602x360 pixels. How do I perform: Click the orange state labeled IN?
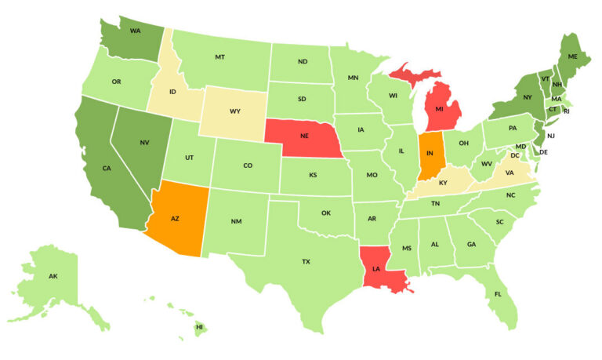(430, 152)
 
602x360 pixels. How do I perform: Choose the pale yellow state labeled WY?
(234, 111)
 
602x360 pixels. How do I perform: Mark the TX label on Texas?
(306, 261)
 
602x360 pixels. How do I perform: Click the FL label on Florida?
(498, 295)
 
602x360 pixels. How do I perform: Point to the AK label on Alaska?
(53, 277)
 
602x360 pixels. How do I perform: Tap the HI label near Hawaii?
(199, 326)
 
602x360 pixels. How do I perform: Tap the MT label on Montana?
(220, 58)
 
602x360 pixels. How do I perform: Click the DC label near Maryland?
(538, 155)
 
